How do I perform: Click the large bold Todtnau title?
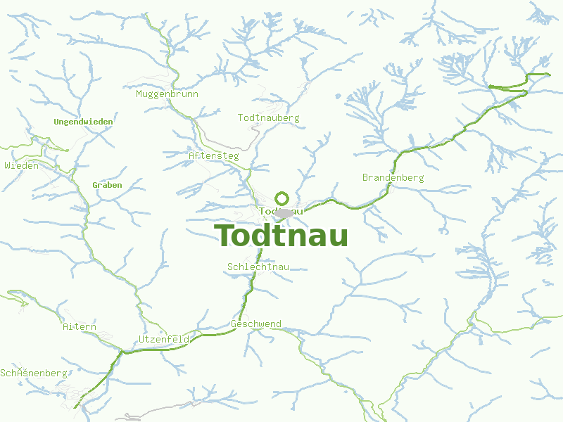coord(281,236)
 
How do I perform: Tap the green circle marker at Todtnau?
coord(282,198)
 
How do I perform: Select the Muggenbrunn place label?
coord(167,94)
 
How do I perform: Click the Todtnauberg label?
coord(268,117)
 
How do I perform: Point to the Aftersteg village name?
coord(214,155)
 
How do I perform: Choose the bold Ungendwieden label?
coord(83,122)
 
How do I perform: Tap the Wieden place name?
coord(21,165)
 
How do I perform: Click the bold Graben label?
coord(107,185)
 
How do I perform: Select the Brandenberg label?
coord(393,177)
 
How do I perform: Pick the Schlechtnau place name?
coord(258,267)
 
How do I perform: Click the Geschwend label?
coord(256,324)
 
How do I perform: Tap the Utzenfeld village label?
coord(164,339)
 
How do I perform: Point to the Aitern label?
coord(79,327)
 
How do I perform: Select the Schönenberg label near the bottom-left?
coord(33,373)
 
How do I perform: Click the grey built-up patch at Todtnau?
coord(284,212)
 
